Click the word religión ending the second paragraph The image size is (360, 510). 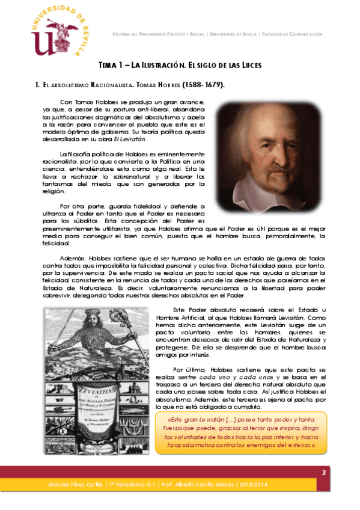click(56, 191)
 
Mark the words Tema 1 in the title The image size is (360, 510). click(112, 64)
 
